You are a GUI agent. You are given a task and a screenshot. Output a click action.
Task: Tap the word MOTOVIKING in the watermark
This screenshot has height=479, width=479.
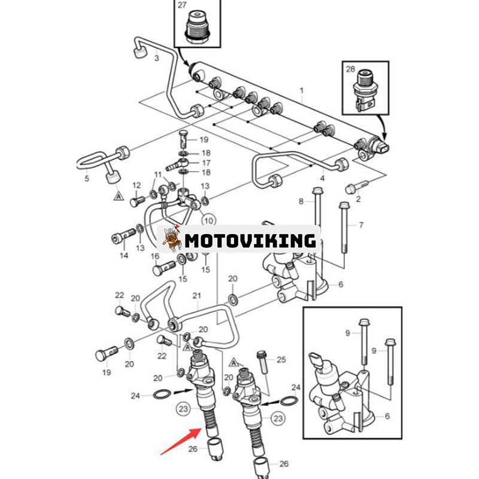click(x=250, y=241)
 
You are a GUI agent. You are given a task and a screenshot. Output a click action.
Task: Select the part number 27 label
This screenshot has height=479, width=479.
click(x=182, y=5)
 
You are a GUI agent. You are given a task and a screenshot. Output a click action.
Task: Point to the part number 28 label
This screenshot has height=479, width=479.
click(x=350, y=70)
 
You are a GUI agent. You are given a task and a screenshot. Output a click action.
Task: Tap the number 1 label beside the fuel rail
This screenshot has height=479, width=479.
click(x=302, y=90)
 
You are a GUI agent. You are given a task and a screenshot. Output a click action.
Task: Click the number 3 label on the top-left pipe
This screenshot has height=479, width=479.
click(x=156, y=58)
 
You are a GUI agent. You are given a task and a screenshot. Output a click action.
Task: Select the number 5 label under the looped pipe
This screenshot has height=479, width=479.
click(x=86, y=178)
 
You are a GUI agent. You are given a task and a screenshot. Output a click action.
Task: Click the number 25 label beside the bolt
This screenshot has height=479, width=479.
click(x=281, y=359)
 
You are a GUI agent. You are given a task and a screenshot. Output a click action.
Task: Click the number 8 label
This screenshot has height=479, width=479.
click(x=302, y=202)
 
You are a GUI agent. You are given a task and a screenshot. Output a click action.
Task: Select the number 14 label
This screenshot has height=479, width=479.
click(x=124, y=256)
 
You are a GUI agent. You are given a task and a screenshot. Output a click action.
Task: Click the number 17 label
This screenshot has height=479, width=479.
click(x=206, y=162)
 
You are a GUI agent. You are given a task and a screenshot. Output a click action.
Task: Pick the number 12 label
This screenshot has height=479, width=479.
click(x=137, y=185)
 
